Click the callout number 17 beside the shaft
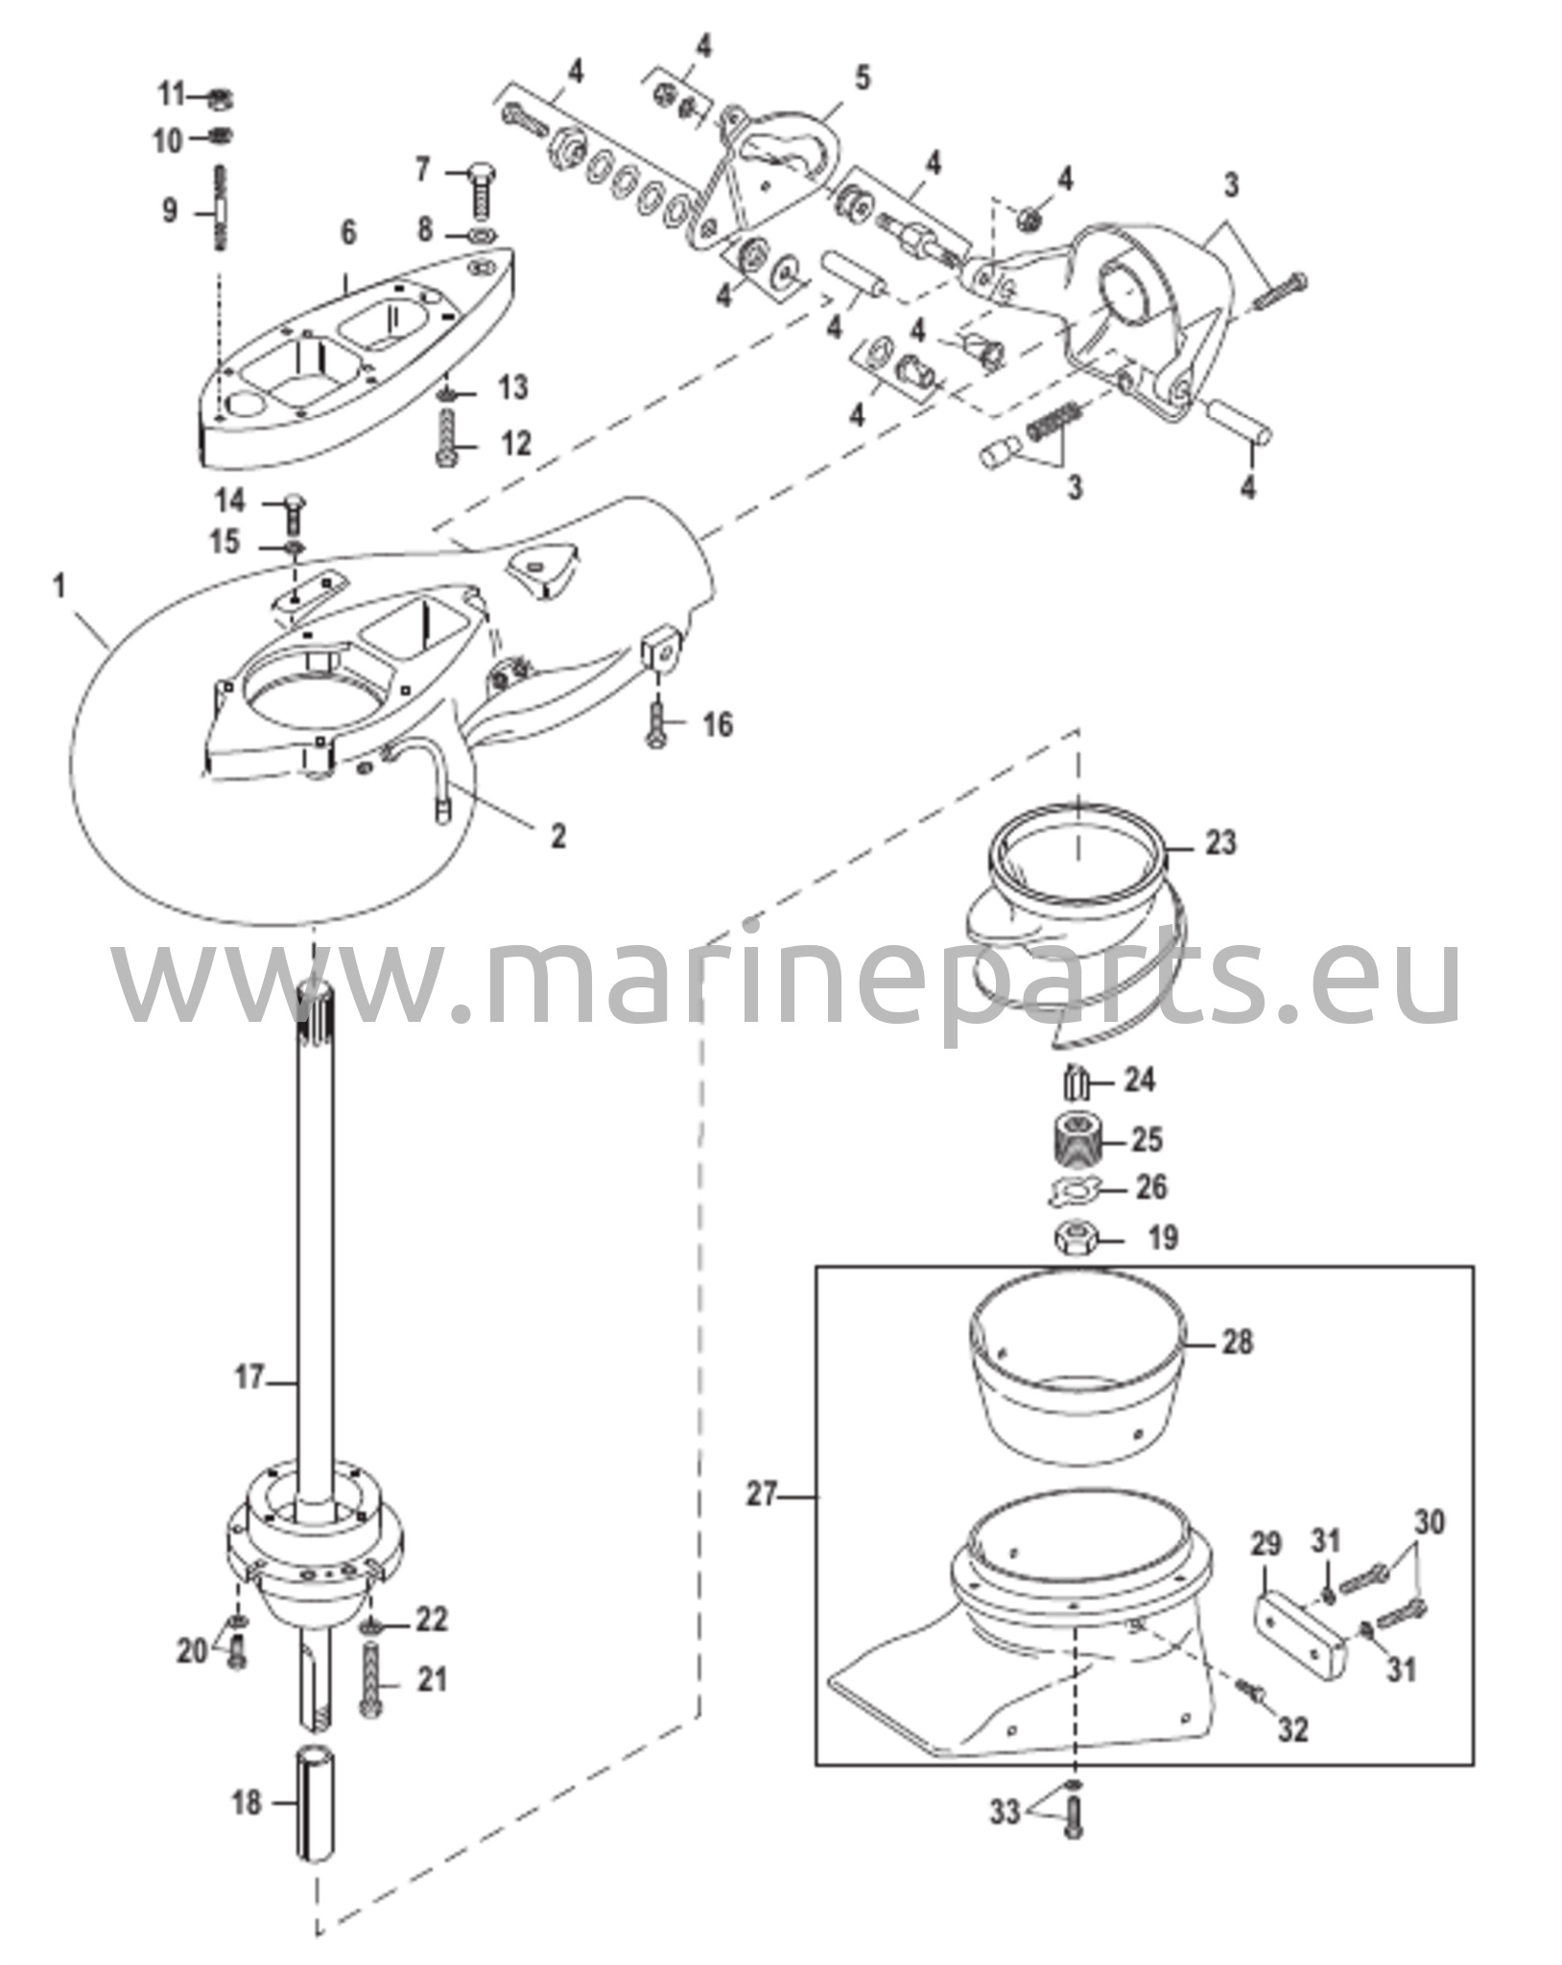249,1379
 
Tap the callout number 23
1220,843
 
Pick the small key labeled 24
1076,1084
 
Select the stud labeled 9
221,208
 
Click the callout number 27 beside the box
763,1495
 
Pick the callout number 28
1238,1341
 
